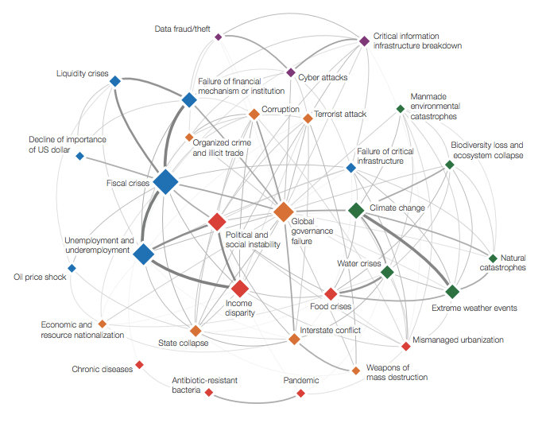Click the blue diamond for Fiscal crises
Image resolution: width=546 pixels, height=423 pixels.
[x=165, y=182]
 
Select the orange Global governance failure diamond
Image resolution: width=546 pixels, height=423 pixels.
[x=283, y=211]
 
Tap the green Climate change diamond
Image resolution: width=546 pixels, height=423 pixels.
[x=356, y=211]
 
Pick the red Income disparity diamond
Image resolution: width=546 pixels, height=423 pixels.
[x=240, y=288]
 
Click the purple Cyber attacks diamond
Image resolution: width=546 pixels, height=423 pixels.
[x=291, y=73]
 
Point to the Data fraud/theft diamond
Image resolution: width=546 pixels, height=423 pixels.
[x=219, y=37]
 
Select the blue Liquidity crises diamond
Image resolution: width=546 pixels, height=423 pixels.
[x=114, y=80]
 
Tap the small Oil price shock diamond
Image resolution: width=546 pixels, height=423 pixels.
[x=72, y=268]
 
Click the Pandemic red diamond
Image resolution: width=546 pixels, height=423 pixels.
[x=300, y=394]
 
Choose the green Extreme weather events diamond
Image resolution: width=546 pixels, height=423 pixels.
[x=452, y=292]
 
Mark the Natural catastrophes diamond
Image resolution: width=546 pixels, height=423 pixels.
[x=492, y=258]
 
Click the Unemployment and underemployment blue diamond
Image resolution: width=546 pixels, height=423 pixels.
[x=143, y=254]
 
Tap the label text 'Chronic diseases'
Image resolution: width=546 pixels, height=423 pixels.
[x=102, y=369]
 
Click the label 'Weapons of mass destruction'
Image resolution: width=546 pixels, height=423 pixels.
[x=397, y=372]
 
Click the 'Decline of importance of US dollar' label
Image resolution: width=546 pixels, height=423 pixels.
[x=68, y=144]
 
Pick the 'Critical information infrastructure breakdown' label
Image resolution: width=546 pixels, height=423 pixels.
[x=417, y=41]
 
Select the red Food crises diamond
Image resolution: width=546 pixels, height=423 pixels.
[x=331, y=294]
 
